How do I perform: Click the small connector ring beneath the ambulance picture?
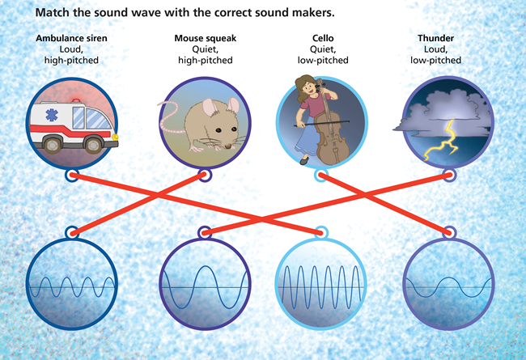tap(72, 174)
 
